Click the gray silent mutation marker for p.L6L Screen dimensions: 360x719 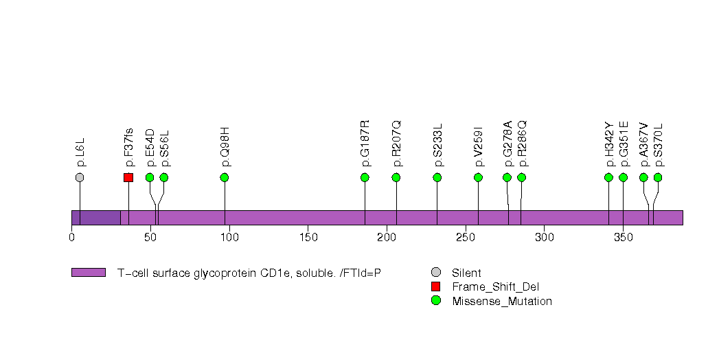point(80,177)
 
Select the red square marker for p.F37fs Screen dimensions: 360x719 point(128,177)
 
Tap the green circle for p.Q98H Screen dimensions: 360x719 point(225,177)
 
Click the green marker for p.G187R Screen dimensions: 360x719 point(365,177)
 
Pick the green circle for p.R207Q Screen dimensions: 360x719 point(396,177)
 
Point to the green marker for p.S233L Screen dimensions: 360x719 point(437,177)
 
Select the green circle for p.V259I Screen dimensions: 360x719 point(479,177)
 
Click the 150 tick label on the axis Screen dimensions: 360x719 point(308,238)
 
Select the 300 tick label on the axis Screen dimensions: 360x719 point(544,238)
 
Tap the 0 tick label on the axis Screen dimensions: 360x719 point(72,238)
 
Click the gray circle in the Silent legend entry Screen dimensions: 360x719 point(435,273)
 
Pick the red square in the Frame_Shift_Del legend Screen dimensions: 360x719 point(435,286)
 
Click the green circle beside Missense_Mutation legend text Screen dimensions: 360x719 point(435,301)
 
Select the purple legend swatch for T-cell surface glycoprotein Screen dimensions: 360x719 point(89,273)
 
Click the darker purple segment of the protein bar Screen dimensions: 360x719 point(96,217)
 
